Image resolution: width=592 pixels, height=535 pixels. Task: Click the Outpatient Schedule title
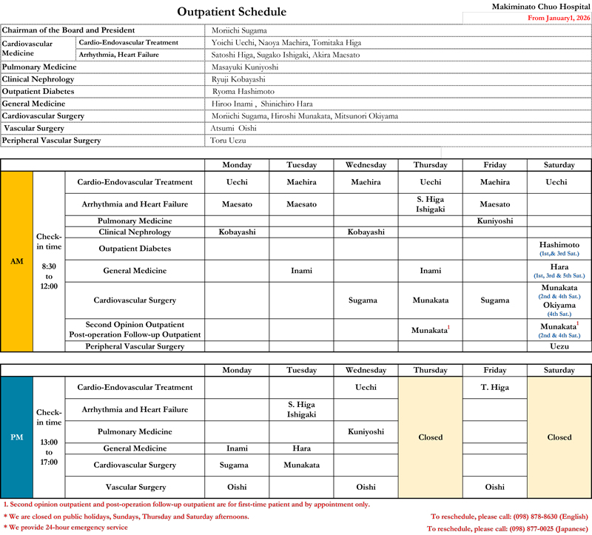click(x=232, y=12)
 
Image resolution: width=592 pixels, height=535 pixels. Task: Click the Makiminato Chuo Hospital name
click(x=540, y=6)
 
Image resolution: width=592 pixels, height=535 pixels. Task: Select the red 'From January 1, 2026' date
click(x=545, y=18)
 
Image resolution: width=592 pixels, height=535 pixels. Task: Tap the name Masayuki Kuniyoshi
click(x=241, y=67)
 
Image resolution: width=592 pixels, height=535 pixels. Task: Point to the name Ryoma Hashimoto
click(x=243, y=92)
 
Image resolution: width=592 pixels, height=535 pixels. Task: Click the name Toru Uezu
click(x=229, y=141)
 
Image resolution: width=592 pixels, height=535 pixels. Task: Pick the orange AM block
click(x=17, y=261)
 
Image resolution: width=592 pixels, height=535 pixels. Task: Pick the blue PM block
click(x=17, y=437)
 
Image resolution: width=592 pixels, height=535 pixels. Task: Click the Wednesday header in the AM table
click(x=366, y=165)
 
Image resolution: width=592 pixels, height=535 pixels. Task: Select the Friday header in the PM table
click(x=495, y=370)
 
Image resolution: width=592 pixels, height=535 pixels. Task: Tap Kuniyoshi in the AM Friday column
click(x=495, y=221)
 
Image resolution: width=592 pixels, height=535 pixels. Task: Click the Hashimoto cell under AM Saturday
click(x=559, y=245)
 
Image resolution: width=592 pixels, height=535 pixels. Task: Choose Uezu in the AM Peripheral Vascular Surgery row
click(x=559, y=346)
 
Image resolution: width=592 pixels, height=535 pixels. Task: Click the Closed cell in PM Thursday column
click(x=430, y=437)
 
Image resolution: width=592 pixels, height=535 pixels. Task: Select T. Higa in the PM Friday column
click(x=495, y=388)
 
